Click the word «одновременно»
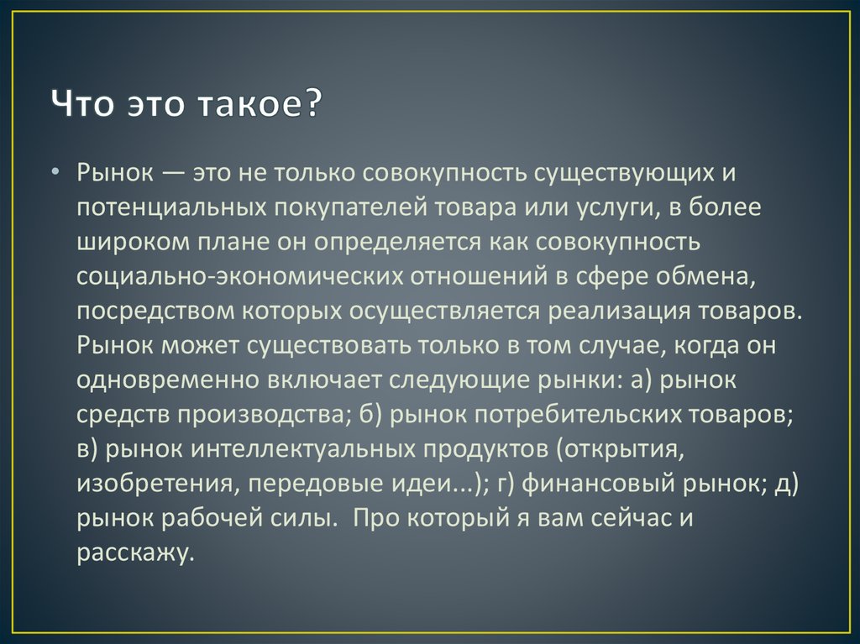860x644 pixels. point(165,381)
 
